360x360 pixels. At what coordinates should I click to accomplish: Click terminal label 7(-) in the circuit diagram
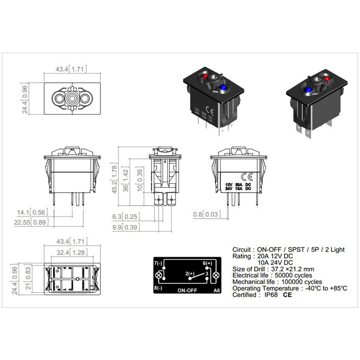tap(158, 263)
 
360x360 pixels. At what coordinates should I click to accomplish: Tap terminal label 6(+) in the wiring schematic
tap(207, 263)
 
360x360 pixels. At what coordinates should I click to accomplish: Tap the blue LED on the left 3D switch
tap(223, 86)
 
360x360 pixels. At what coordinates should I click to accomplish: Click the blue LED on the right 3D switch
tap(307, 90)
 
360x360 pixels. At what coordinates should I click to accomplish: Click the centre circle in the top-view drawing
tap(71, 98)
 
